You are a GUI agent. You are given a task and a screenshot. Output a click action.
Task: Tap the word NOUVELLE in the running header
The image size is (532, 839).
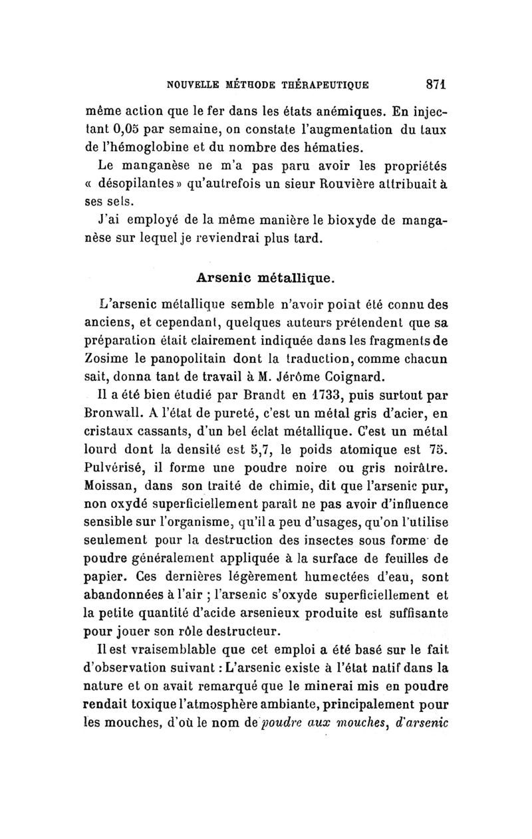(x=194, y=85)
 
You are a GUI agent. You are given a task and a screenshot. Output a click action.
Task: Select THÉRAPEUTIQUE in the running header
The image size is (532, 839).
(x=332, y=85)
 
